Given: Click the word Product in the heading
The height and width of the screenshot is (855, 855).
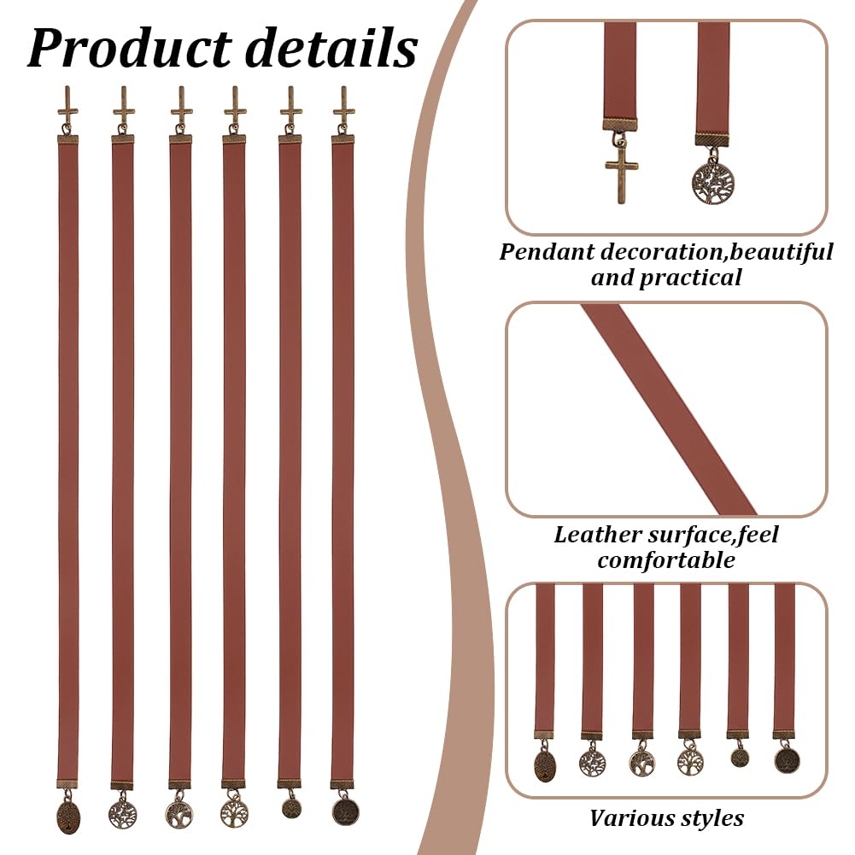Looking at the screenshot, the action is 129,49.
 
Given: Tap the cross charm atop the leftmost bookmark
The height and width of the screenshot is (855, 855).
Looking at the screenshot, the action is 67,105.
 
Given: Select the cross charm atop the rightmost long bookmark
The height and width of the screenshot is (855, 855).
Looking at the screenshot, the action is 343,105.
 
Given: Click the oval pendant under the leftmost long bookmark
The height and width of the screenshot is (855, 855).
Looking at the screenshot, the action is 68,815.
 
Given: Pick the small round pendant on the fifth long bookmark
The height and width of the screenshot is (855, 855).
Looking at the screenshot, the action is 291,808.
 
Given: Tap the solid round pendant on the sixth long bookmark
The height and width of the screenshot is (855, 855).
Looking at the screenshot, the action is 345,811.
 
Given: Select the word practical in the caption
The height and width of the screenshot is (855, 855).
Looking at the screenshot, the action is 690,278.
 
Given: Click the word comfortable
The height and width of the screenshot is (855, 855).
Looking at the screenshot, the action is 665,560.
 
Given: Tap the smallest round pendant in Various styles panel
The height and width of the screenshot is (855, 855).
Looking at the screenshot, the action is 739,757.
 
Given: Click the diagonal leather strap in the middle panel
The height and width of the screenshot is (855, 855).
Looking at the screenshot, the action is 669,409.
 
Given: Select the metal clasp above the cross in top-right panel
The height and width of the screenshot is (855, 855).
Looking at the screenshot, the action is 619,125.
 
